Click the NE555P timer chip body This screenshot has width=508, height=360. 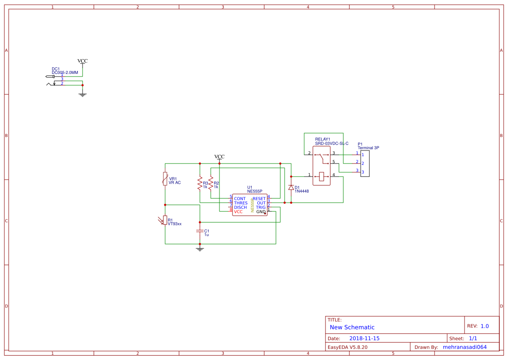[x=249, y=205]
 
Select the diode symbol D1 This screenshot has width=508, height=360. [x=291, y=187]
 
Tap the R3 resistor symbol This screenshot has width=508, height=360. [x=200, y=183]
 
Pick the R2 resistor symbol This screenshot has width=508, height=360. [x=211, y=183]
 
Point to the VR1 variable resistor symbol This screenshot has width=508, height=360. [x=165, y=179]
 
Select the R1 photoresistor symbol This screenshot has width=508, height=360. [x=165, y=220]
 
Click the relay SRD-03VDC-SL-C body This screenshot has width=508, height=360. [x=322, y=165]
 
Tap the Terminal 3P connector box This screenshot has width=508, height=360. [x=365, y=163]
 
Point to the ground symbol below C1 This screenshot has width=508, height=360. [x=200, y=249]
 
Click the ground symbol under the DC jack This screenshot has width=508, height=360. [x=83, y=94]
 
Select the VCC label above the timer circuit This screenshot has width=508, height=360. [x=219, y=157]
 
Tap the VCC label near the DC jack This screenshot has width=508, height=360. [x=83, y=61]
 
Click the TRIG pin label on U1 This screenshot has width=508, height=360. [x=260, y=207]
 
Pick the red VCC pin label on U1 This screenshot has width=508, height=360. [x=239, y=212]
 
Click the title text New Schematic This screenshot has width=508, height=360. [x=352, y=327]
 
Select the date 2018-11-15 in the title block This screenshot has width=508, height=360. [x=365, y=338]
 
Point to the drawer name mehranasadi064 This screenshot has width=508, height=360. [x=465, y=347]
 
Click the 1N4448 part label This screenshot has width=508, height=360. [x=302, y=191]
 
